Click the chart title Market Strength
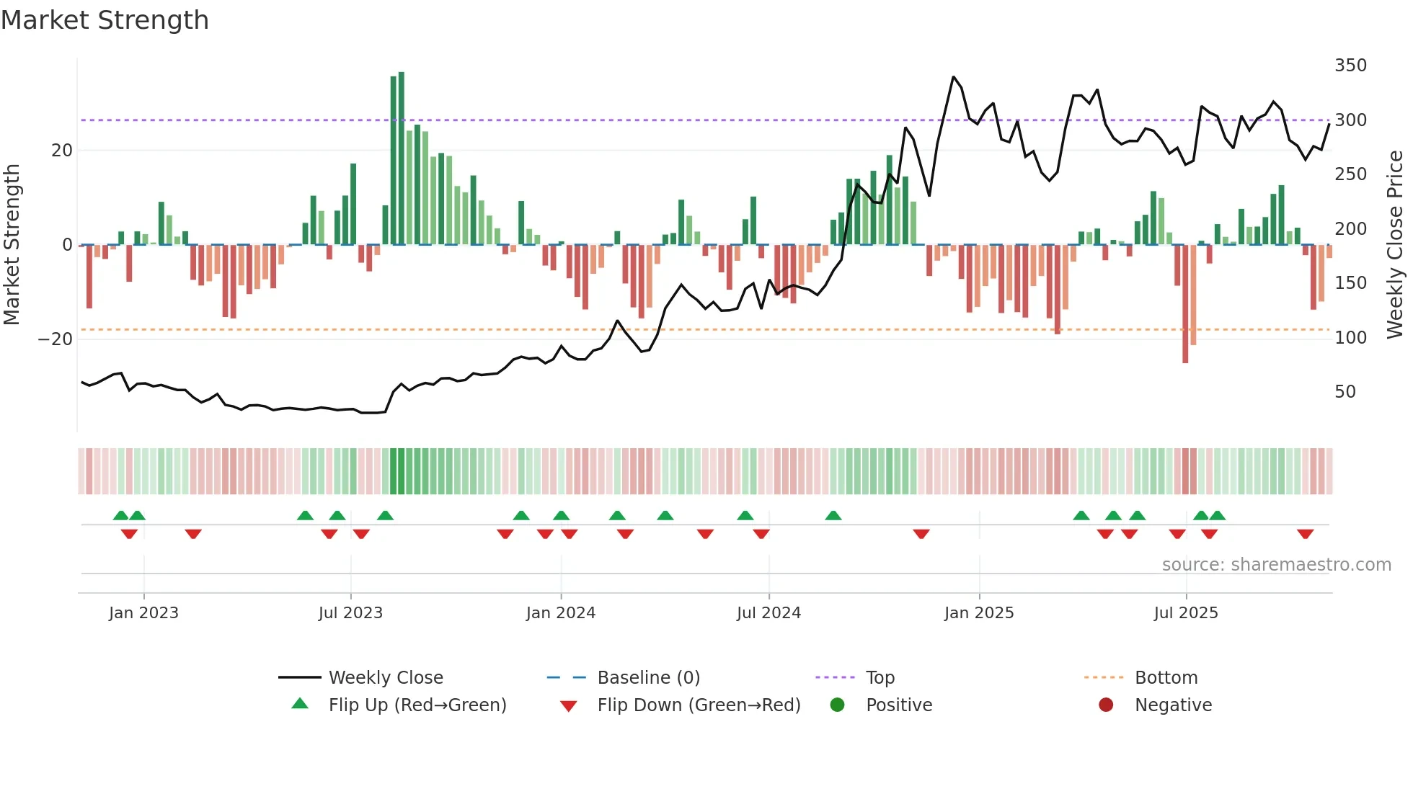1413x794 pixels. coord(105,20)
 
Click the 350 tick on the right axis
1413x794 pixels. coord(1350,66)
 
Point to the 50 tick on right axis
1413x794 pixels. coord(1345,392)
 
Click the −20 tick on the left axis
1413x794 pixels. coord(56,339)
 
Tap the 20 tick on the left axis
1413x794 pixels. coord(62,151)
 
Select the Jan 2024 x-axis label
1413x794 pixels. coord(561,613)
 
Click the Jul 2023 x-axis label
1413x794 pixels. coord(350,613)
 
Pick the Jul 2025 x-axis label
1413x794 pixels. coord(1186,613)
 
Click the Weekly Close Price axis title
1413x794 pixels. coord(1395,245)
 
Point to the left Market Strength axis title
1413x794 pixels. coord(12,245)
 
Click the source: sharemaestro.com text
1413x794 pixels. coord(1276,565)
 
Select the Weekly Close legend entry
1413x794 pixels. coord(386,678)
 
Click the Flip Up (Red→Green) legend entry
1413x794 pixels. coord(417,705)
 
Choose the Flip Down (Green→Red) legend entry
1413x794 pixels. coord(699,705)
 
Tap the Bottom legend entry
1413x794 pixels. coord(1166,678)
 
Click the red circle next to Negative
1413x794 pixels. coord(1106,705)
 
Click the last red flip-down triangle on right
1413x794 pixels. coord(1305,534)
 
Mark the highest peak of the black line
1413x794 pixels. coord(953,76)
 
